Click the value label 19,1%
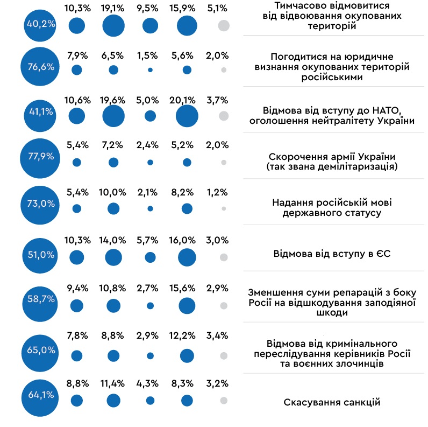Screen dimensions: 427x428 pyautogui.click(x=113, y=9)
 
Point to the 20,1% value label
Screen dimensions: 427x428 pyautogui.click(x=187, y=100)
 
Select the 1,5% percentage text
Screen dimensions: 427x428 pyautogui.click(x=150, y=55)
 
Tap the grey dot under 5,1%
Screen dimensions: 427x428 pyautogui.click(x=224, y=26)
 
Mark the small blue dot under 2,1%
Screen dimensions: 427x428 pyautogui.click(x=150, y=208)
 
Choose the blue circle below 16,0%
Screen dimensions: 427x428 pyautogui.click(x=187, y=258)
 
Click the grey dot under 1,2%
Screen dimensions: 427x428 pyautogui.click(x=224, y=208)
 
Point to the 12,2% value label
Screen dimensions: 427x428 pyautogui.click(x=187, y=335)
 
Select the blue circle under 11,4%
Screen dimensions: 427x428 pyautogui.click(x=113, y=400)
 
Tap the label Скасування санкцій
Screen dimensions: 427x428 pyautogui.click(x=332, y=402)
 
